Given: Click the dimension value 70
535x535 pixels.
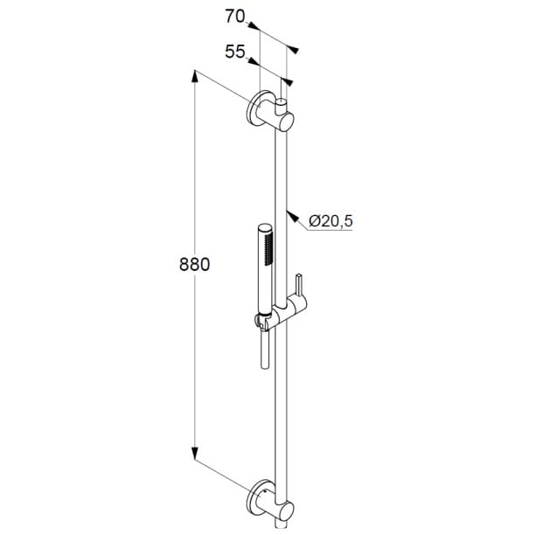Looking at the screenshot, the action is click(x=235, y=17).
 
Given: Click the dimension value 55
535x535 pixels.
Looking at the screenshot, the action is click(x=235, y=52).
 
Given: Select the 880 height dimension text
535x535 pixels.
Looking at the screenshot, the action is click(x=194, y=264).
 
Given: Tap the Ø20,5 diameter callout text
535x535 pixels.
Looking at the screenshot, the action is click(x=330, y=221).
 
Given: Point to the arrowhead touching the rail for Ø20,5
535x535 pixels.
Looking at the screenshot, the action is click(x=292, y=216).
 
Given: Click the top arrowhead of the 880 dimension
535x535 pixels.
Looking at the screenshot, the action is click(x=194, y=76).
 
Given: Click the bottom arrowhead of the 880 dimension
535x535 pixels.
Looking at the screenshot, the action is click(x=194, y=453).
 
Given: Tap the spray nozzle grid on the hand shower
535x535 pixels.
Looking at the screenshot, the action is click(x=269, y=249).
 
